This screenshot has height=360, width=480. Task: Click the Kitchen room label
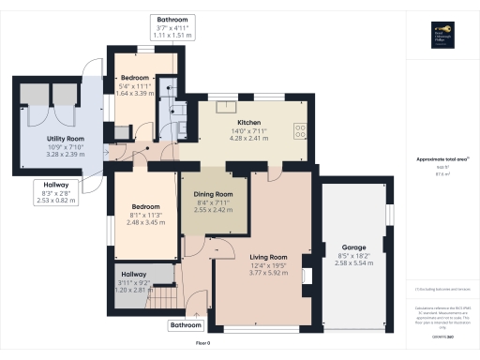coord(247,123)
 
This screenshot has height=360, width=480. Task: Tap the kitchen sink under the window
coord(226,106)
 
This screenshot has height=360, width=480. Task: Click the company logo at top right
coord(442,33)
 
